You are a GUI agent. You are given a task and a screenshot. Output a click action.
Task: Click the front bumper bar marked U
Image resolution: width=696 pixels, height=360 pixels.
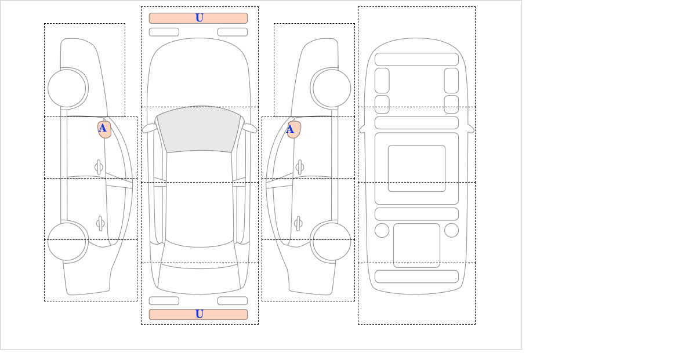click(198, 18)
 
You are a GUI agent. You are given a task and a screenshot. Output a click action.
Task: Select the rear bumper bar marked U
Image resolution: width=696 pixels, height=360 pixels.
click(198, 314)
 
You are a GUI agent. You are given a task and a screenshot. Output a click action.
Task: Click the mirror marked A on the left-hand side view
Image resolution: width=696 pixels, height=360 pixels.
click(104, 129)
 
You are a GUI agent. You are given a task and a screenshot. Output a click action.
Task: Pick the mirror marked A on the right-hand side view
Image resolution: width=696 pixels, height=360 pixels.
click(294, 129)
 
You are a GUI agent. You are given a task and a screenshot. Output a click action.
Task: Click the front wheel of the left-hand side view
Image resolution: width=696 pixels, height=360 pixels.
click(67, 88)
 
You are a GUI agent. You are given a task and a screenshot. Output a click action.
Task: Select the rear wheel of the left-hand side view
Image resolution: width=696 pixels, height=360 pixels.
click(67, 241)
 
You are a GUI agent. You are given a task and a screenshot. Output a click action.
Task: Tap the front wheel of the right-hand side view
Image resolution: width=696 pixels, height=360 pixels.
click(332, 88)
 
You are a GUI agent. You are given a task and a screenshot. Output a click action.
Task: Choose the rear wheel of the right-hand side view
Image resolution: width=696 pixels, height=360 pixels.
click(332, 241)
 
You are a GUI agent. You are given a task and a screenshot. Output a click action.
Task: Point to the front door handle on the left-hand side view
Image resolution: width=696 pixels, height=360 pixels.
click(99, 168)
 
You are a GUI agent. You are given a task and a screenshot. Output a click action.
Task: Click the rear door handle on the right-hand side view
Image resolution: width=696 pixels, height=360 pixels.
click(298, 223)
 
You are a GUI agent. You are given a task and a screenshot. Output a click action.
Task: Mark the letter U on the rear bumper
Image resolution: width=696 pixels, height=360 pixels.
click(200, 314)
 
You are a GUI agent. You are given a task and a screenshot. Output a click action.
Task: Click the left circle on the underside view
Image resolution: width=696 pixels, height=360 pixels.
click(382, 231)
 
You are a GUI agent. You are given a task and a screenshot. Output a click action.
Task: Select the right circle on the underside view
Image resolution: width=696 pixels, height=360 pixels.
click(451, 231)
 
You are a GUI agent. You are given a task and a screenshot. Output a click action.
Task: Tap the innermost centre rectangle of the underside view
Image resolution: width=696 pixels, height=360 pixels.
click(416, 168)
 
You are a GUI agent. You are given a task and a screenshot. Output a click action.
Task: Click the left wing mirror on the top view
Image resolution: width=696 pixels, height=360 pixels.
click(149, 128)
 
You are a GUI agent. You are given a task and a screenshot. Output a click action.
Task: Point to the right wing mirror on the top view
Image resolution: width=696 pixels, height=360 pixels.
click(249, 128)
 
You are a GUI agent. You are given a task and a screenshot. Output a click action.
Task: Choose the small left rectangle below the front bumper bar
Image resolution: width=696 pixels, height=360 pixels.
click(164, 32)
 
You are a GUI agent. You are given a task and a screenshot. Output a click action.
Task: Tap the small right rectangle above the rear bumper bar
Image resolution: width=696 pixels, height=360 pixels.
click(233, 301)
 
